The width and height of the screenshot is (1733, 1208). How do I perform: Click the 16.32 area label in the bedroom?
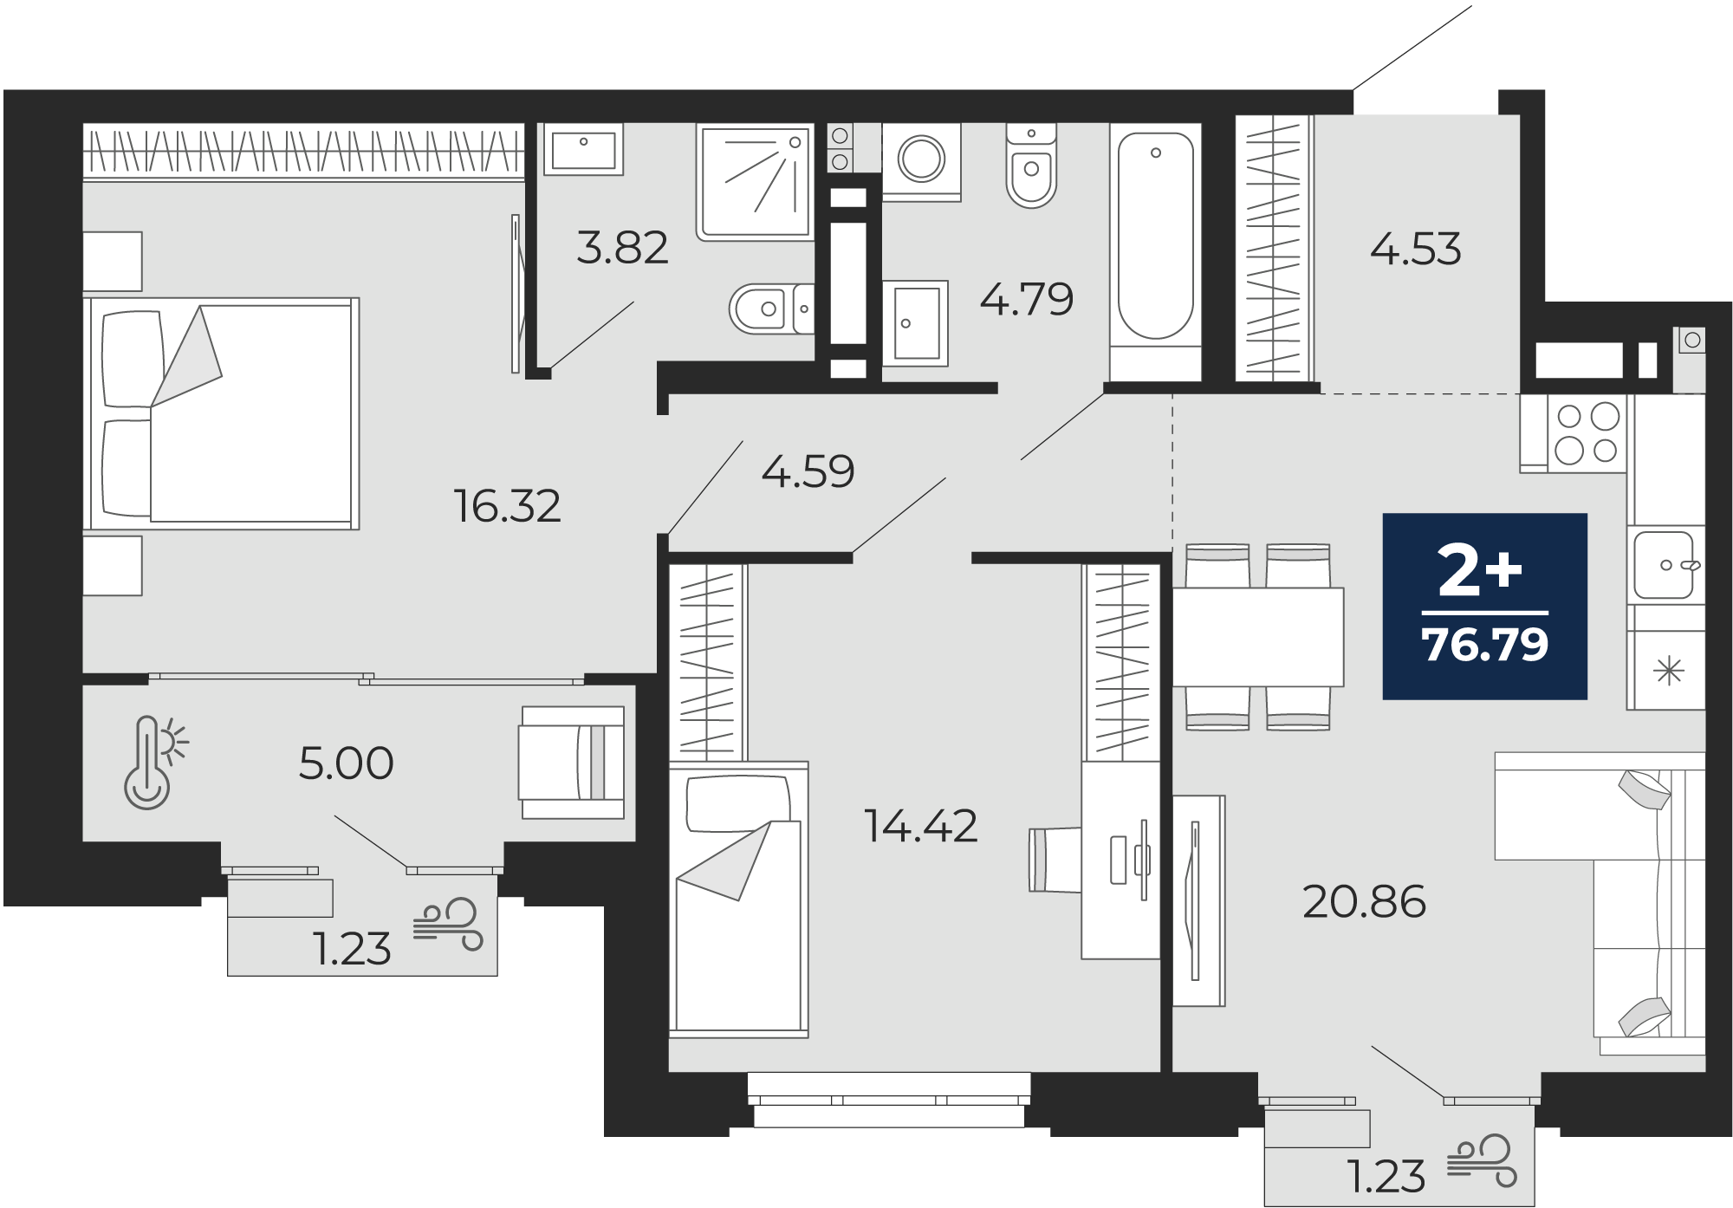point(508,506)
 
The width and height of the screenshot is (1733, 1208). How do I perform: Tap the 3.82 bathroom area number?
point(622,248)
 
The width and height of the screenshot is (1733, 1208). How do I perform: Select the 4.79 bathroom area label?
point(1027,300)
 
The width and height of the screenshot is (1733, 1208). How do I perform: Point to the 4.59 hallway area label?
point(808,472)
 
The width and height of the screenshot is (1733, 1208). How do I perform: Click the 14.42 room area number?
point(921,826)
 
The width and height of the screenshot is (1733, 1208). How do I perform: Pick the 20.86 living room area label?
point(1364,902)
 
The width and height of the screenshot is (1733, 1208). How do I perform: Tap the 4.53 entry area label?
point(1416,250)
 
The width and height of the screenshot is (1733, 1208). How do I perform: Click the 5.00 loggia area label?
point(346,763)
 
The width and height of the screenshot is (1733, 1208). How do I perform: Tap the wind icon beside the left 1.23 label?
point(447,925)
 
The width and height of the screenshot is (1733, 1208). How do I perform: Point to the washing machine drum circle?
point(921,159)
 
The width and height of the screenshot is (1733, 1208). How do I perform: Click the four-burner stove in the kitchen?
point(1587,433)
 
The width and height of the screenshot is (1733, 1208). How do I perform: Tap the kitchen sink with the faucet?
point(1664,565)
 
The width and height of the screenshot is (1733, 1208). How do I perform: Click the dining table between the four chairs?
point(1258,637)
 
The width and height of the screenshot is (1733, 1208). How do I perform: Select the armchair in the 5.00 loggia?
point(572,762)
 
